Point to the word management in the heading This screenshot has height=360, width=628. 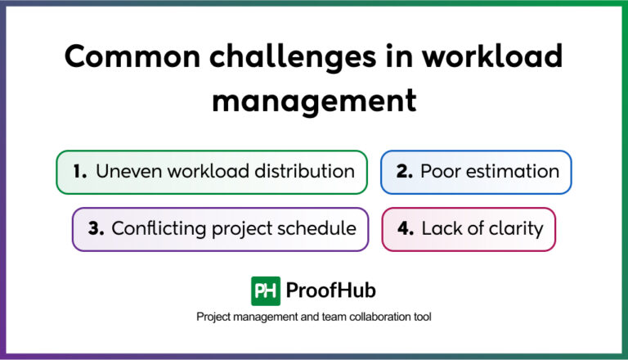(x=314, y=101)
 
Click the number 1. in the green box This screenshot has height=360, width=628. (x=79, y=172)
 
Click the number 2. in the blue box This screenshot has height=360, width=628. (x=404, y=172)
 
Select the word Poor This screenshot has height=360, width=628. (x=441, y=172)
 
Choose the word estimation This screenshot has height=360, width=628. (x=513, y=172)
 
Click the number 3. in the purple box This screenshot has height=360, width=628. (x=96, y=228)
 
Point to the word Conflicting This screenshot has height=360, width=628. (x=156, y=228)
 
